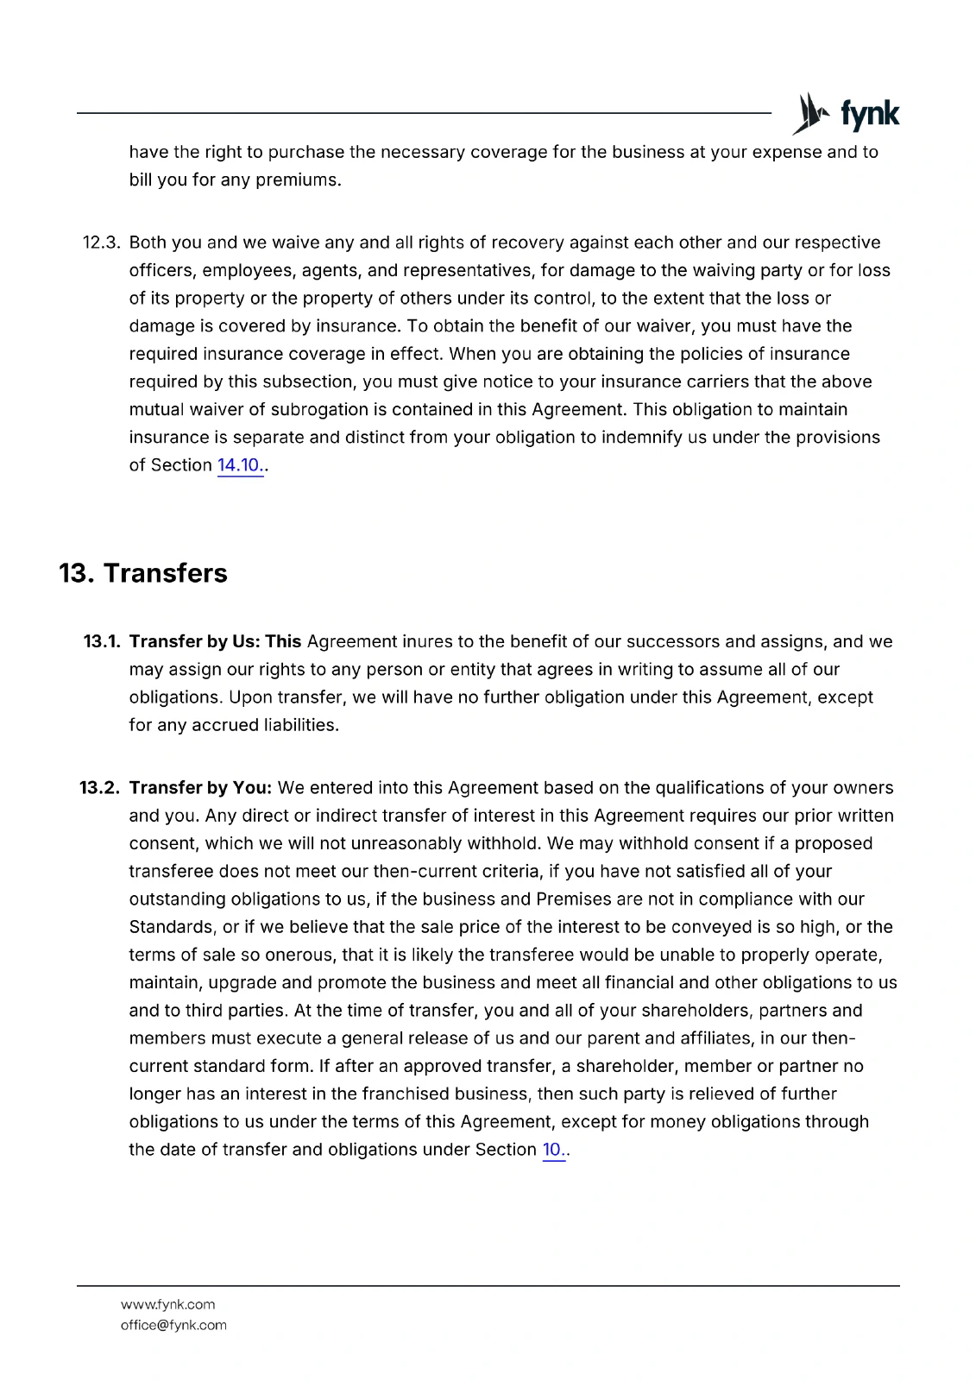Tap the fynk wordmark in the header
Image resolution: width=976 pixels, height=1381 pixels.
(x=870, y=114)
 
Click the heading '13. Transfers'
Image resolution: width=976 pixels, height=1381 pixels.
(x=143, y=573)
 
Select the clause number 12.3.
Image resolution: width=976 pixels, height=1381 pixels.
(x=101, y=243)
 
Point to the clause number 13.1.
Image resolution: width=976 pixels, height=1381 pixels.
(x=101, y=641)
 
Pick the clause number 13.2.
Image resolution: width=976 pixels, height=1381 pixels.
(x=99, y=788)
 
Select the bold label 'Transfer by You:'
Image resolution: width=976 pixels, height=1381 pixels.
(x=200, y=788)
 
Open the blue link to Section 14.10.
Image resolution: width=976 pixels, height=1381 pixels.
(x=239, y=465)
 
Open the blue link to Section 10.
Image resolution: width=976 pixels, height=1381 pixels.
(x=552, y=1150)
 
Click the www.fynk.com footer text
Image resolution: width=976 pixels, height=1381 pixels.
(x=167, y=1305)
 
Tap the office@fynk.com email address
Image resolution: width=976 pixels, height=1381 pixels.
(x=173, y=1326)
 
